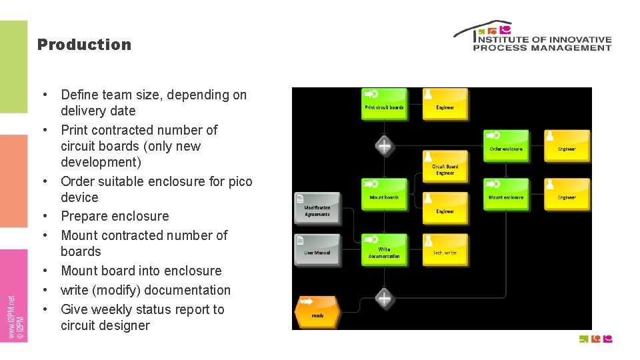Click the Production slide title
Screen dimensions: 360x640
pos(84,45)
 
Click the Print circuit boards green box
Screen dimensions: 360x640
pos(384,104)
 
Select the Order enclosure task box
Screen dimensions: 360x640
pos(506,146)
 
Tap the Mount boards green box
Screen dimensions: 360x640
pos(384,194)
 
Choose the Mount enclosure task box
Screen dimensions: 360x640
pos(506,194)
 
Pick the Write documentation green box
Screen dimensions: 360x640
pos(384,250)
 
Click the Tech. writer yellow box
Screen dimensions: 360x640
pos(445,250)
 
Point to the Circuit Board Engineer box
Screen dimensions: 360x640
pos(445,167)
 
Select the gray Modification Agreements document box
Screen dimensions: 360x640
pos(317,208)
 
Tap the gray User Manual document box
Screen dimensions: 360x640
pos(317,250)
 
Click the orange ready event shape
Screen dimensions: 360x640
pos(317,312)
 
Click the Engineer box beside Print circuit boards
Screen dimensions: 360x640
pos(445,104)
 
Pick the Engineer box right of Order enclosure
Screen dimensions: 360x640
pos(567,146)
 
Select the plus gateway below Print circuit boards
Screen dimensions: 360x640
pos(384,145)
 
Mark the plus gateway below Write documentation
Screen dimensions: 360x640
pos(384,298)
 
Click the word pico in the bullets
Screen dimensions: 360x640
pos(239,181)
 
